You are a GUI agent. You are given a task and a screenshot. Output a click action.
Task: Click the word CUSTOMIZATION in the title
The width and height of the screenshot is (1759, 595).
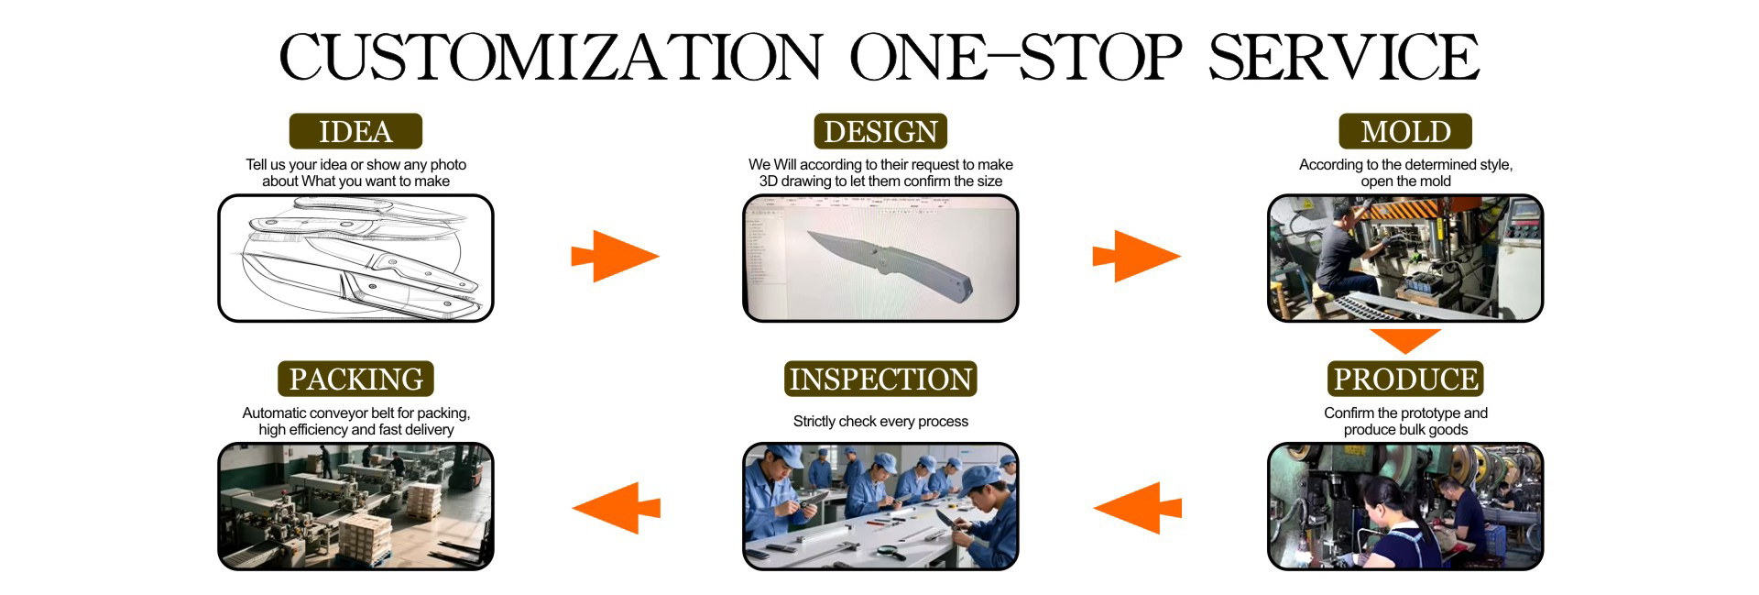[x=551, y=57]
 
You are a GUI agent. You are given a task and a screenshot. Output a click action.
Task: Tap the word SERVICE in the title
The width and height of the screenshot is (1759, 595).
[x=1343, y=57]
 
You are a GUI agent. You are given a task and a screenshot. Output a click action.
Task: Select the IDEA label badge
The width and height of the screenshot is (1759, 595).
[x=355, y=131]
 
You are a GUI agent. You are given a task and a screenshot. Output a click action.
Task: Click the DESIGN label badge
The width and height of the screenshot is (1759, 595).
[x=880, y=131]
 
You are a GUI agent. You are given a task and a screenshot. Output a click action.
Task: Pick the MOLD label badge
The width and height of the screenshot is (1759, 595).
[x=1405, y=131]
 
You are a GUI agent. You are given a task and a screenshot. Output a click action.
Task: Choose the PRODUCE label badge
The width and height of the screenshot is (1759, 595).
[x=1405, y=379]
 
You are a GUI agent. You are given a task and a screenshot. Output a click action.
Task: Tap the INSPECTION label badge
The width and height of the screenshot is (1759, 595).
[x=880, y=379]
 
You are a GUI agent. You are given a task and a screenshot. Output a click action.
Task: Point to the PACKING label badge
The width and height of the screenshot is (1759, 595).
[x=355, y=379]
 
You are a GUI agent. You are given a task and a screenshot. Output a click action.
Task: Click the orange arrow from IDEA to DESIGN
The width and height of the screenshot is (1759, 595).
[x=615, y=256]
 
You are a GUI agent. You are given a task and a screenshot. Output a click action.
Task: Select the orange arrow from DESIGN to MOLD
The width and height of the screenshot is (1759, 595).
[x=1136, y=256]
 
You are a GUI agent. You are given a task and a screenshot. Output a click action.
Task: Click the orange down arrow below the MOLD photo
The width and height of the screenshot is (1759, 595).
[x=1405, y=340]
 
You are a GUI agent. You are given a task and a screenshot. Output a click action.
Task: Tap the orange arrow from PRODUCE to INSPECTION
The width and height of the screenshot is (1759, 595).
[x=1138, y=507]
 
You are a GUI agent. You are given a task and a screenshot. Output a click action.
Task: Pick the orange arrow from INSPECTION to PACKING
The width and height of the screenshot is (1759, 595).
[x=617, y=507]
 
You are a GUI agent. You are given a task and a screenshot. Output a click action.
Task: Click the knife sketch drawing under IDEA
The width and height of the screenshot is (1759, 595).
[x=355, y=258]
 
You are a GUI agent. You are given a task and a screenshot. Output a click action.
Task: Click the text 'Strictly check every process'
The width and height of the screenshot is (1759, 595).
[x=880, y=421]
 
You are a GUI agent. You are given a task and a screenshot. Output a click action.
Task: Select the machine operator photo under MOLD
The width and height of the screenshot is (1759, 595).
[x=1405, y=258]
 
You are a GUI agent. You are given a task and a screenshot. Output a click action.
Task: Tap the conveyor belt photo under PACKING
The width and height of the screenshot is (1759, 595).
[x=355, y=506]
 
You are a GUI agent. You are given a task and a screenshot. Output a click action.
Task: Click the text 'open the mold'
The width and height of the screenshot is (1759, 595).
[x=1405, y=182]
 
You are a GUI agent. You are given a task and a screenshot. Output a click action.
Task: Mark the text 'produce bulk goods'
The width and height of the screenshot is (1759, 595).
[x=1405, y=430]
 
